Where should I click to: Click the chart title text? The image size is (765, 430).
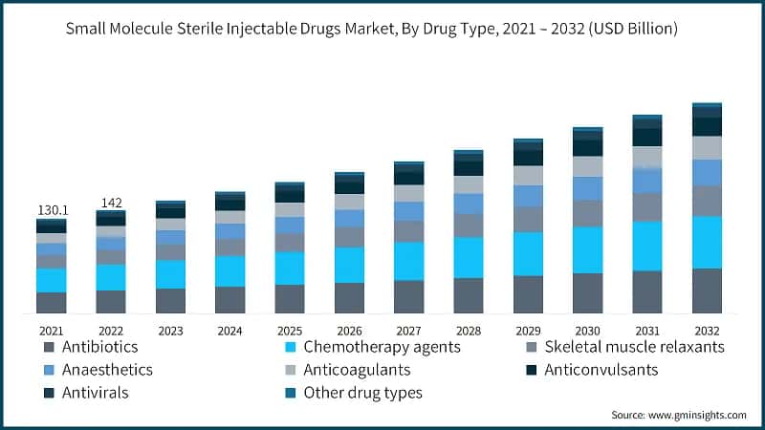click(x=372, y=29)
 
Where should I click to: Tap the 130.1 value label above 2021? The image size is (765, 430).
click(x=52, y=209)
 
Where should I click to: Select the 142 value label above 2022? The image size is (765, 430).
click(x=111, y=202)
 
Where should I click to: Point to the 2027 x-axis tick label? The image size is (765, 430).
click(x=408, y=331)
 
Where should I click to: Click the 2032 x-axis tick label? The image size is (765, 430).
click(x=707, y=331)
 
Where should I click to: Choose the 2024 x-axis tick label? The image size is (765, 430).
click(x=229, y=331)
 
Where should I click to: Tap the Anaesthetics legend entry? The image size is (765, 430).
click(x=105, y=369)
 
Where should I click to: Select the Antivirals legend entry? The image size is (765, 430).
click(x=93, y=392)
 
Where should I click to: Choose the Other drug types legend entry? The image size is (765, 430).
click(x=362, y=392)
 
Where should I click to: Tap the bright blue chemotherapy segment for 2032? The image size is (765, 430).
click(x=707, y=242)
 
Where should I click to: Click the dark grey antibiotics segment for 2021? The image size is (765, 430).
click(x=52, y=302)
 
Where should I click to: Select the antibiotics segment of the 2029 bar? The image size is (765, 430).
click(x=528, y=294)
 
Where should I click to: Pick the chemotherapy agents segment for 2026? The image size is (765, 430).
click(x=349, y=265)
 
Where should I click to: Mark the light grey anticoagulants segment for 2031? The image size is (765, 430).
click(x=647, y=157)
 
